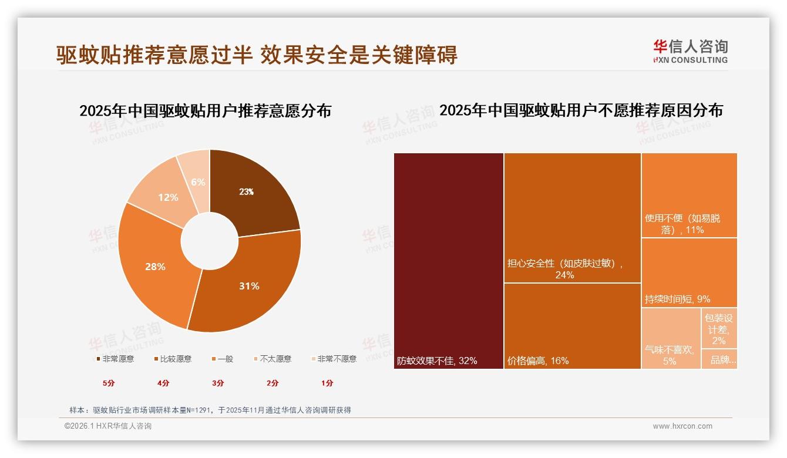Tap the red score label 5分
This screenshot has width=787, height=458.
[x=109, y=383]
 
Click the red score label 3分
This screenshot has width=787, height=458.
[x=218, y=383]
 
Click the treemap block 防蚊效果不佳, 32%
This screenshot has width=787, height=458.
[x=448, y=261]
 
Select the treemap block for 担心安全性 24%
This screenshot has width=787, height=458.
[x=572, y=217]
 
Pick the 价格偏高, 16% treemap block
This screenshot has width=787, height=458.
[x=572, y=326]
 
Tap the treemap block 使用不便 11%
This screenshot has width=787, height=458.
[x=689, y=195]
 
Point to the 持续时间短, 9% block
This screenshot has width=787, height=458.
[x=689, y=273]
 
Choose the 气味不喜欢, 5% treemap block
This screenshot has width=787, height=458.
[x=670, y=339]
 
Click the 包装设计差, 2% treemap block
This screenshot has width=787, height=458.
[x=719, y=328]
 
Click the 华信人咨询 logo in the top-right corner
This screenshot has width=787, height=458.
[x=690, y=52]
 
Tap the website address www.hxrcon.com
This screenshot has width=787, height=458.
[x=682, y=426]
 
